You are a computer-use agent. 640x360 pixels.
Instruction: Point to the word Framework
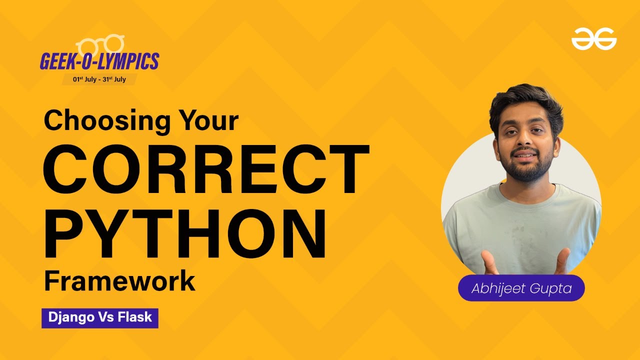pyautogui.click(x=119, y=281)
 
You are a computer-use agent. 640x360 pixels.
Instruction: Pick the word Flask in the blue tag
pyautogui.click(x=135, y=317)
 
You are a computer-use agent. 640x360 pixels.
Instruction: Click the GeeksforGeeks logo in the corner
pyautogui.click(x=594, y=39)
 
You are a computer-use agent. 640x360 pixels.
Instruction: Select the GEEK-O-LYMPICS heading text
pyautogui.click(x=99, y=61)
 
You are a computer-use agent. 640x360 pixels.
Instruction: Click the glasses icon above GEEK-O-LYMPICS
pyautogui.click(x=100, y=44)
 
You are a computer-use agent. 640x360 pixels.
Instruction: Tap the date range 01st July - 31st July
pyautogui.click(x=99, y=79)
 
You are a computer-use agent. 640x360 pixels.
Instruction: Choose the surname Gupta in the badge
pyautogui.click(x=552, y=288)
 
